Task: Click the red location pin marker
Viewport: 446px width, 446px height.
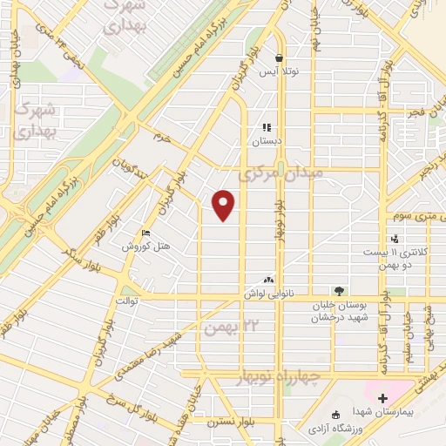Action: click(x=225, y=205)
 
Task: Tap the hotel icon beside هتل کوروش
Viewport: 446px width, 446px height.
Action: click(x=145, y=233)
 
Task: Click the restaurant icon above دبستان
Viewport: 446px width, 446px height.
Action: click(x=266, y=127)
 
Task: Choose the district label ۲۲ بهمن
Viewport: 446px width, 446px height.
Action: click(x=229, y=328)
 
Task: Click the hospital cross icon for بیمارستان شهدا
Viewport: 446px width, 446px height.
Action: click(x=382, y=398)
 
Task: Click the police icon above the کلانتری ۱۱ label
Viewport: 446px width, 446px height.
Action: click(x=395, y=239)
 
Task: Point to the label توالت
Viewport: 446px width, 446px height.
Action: click(x=129, y=301)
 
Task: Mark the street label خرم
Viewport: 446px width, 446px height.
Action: click(x=159, y=137)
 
